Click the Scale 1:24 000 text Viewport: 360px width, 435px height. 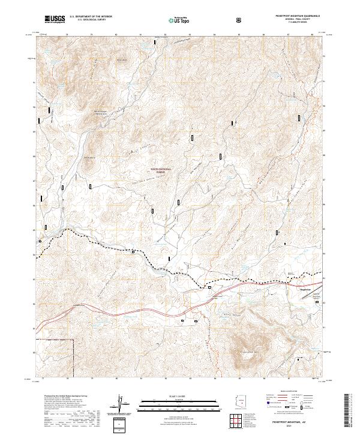181,395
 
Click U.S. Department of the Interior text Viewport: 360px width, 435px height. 90,17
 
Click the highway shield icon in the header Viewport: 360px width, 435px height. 239,20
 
